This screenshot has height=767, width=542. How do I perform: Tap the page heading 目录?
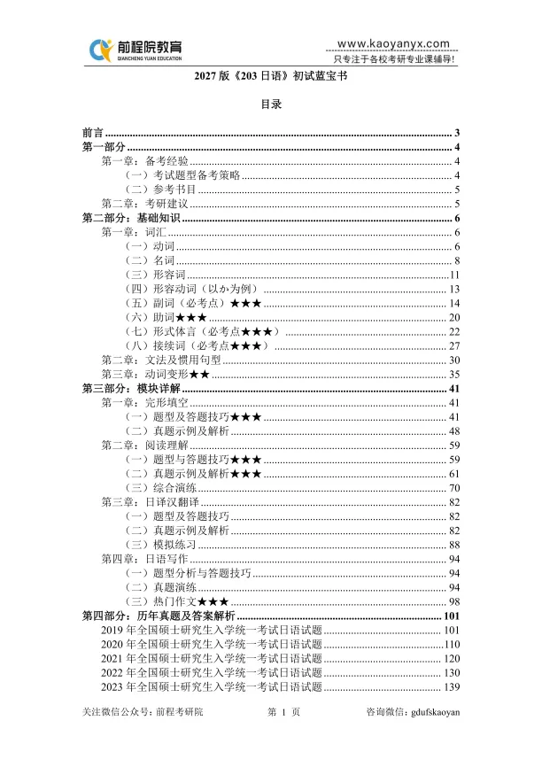pyautogui.click(x=270, y=104)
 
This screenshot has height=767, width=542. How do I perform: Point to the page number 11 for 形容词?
pyautogui.click(x=454, y=275)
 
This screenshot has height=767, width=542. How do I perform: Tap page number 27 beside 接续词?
pyautogui.click(x=453, y=346)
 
